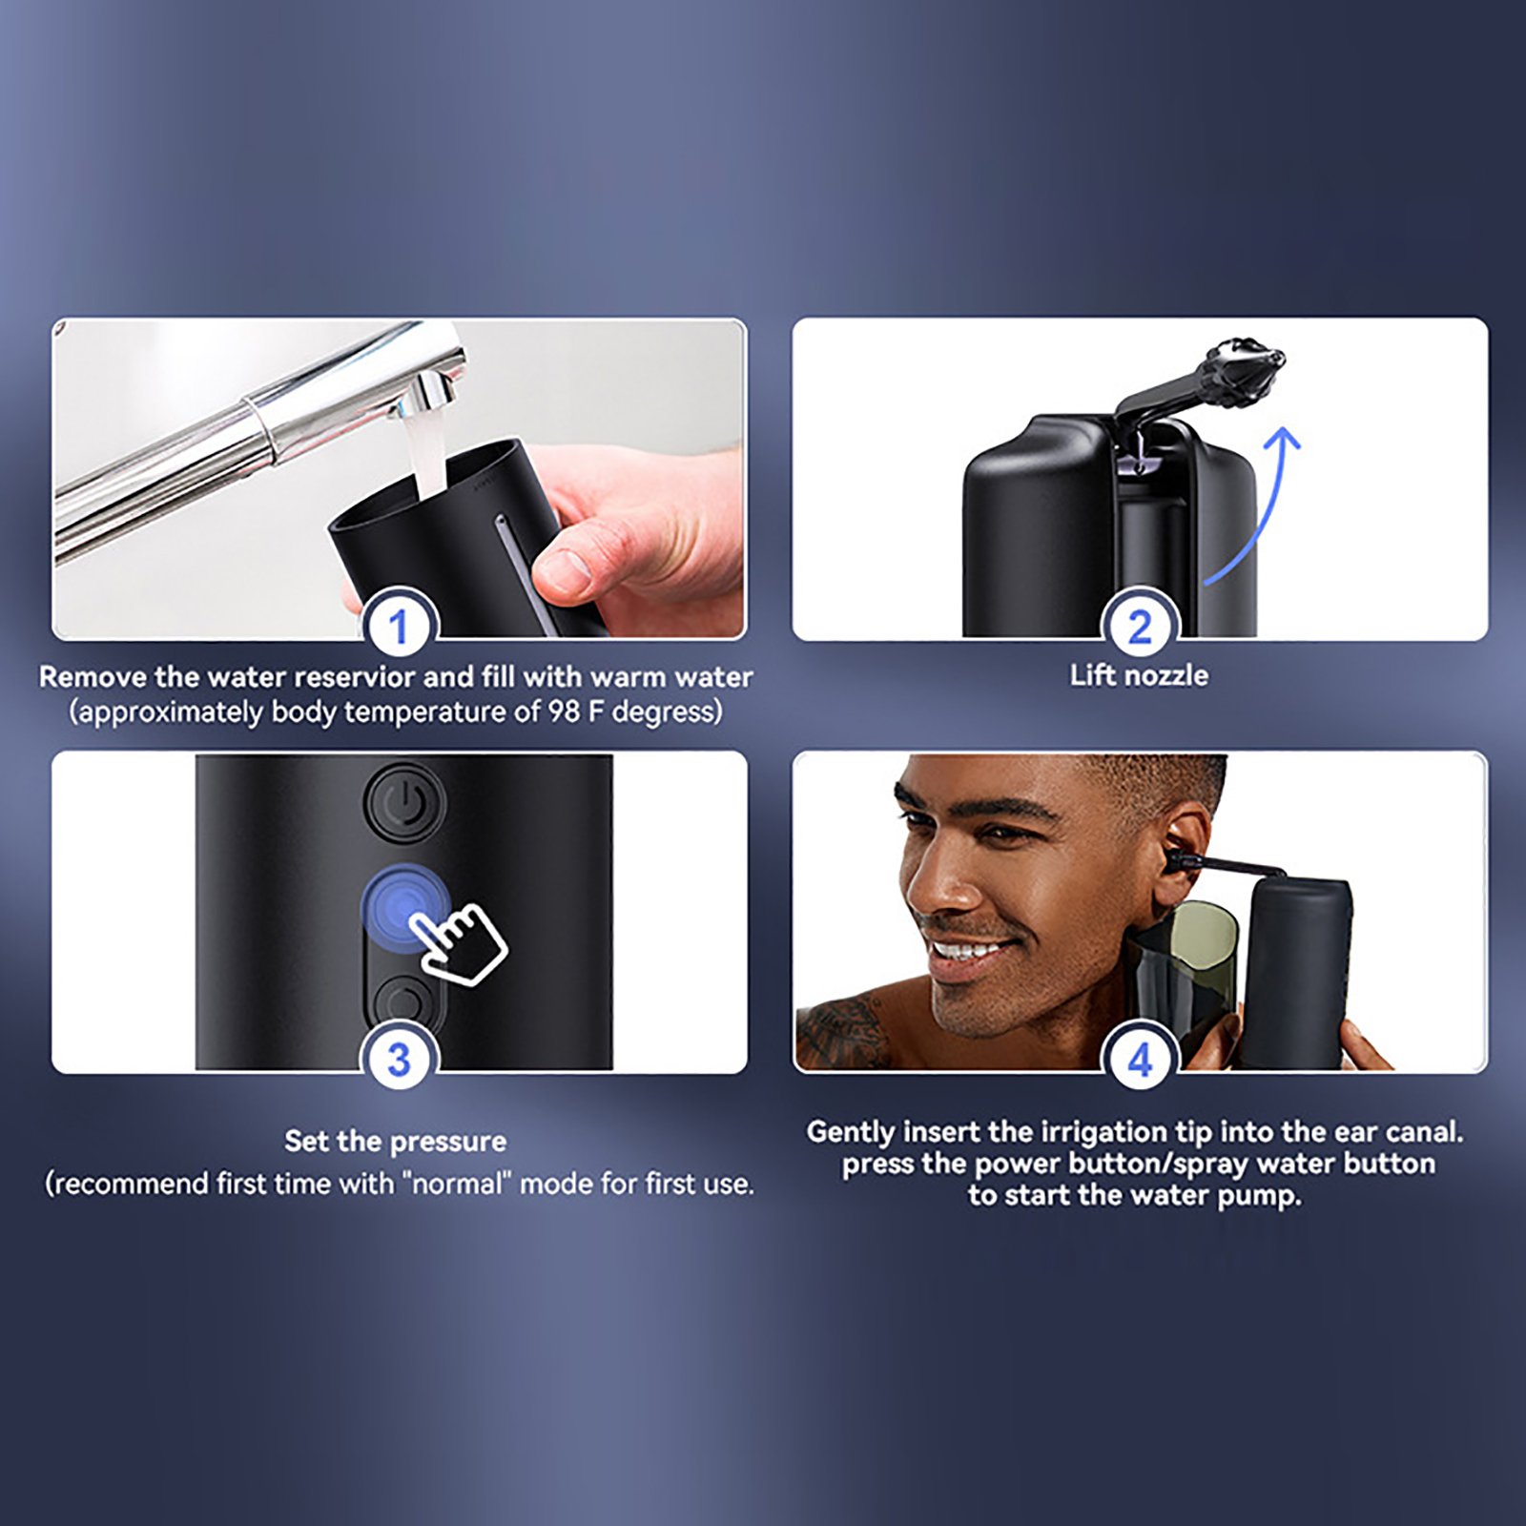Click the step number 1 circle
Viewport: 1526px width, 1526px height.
[x=399, y=627]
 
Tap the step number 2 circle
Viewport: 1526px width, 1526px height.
[x=1140, y=627]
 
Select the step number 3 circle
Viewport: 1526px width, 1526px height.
[x=399, y=1060]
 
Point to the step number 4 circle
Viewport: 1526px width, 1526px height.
[x=1140, y=1060]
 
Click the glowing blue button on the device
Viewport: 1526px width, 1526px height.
[x=404, y=906]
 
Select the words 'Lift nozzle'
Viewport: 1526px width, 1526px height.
[x=1139, y=675]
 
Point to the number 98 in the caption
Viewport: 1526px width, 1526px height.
[x=564, y=712]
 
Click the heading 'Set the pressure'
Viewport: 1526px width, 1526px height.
[x=396, y=1141]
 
